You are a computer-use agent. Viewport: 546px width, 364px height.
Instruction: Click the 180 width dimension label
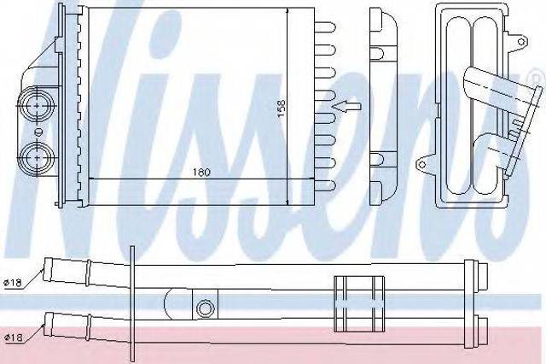[x=201, y=173]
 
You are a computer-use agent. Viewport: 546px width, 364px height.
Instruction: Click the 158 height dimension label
[x=282, y=109]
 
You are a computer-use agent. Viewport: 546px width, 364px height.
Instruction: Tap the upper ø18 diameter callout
[x=13, y=283]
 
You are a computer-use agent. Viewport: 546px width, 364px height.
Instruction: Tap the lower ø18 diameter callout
[x=14, y=338]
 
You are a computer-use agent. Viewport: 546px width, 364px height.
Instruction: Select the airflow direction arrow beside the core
[x=346, y=106]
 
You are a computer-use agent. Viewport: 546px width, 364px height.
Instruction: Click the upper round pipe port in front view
[x=37, y=105]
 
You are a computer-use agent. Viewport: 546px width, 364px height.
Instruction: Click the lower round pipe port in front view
[x=37, y=157]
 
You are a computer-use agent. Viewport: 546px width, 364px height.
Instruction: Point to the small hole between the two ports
[x=38, y=132]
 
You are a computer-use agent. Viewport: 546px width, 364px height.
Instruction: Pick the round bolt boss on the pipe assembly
[x=205, y=308]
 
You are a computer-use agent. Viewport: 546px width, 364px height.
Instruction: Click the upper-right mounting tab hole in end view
[x=521, y=42]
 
